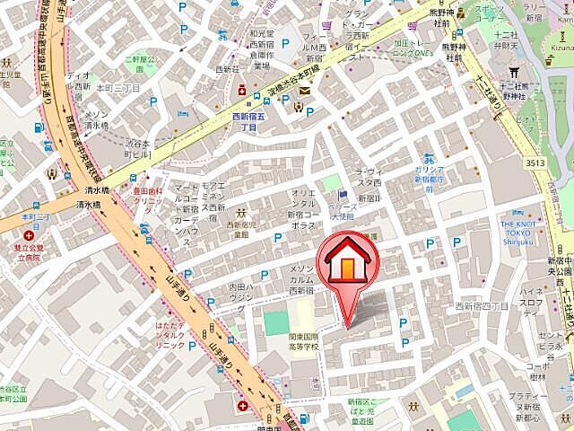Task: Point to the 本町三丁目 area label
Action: click(118, 89)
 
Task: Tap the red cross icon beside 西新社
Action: click(241, 91)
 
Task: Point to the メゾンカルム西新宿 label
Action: click(301, 279)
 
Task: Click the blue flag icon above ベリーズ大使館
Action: click(342, 196)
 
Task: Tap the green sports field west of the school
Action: click(276, 321)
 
